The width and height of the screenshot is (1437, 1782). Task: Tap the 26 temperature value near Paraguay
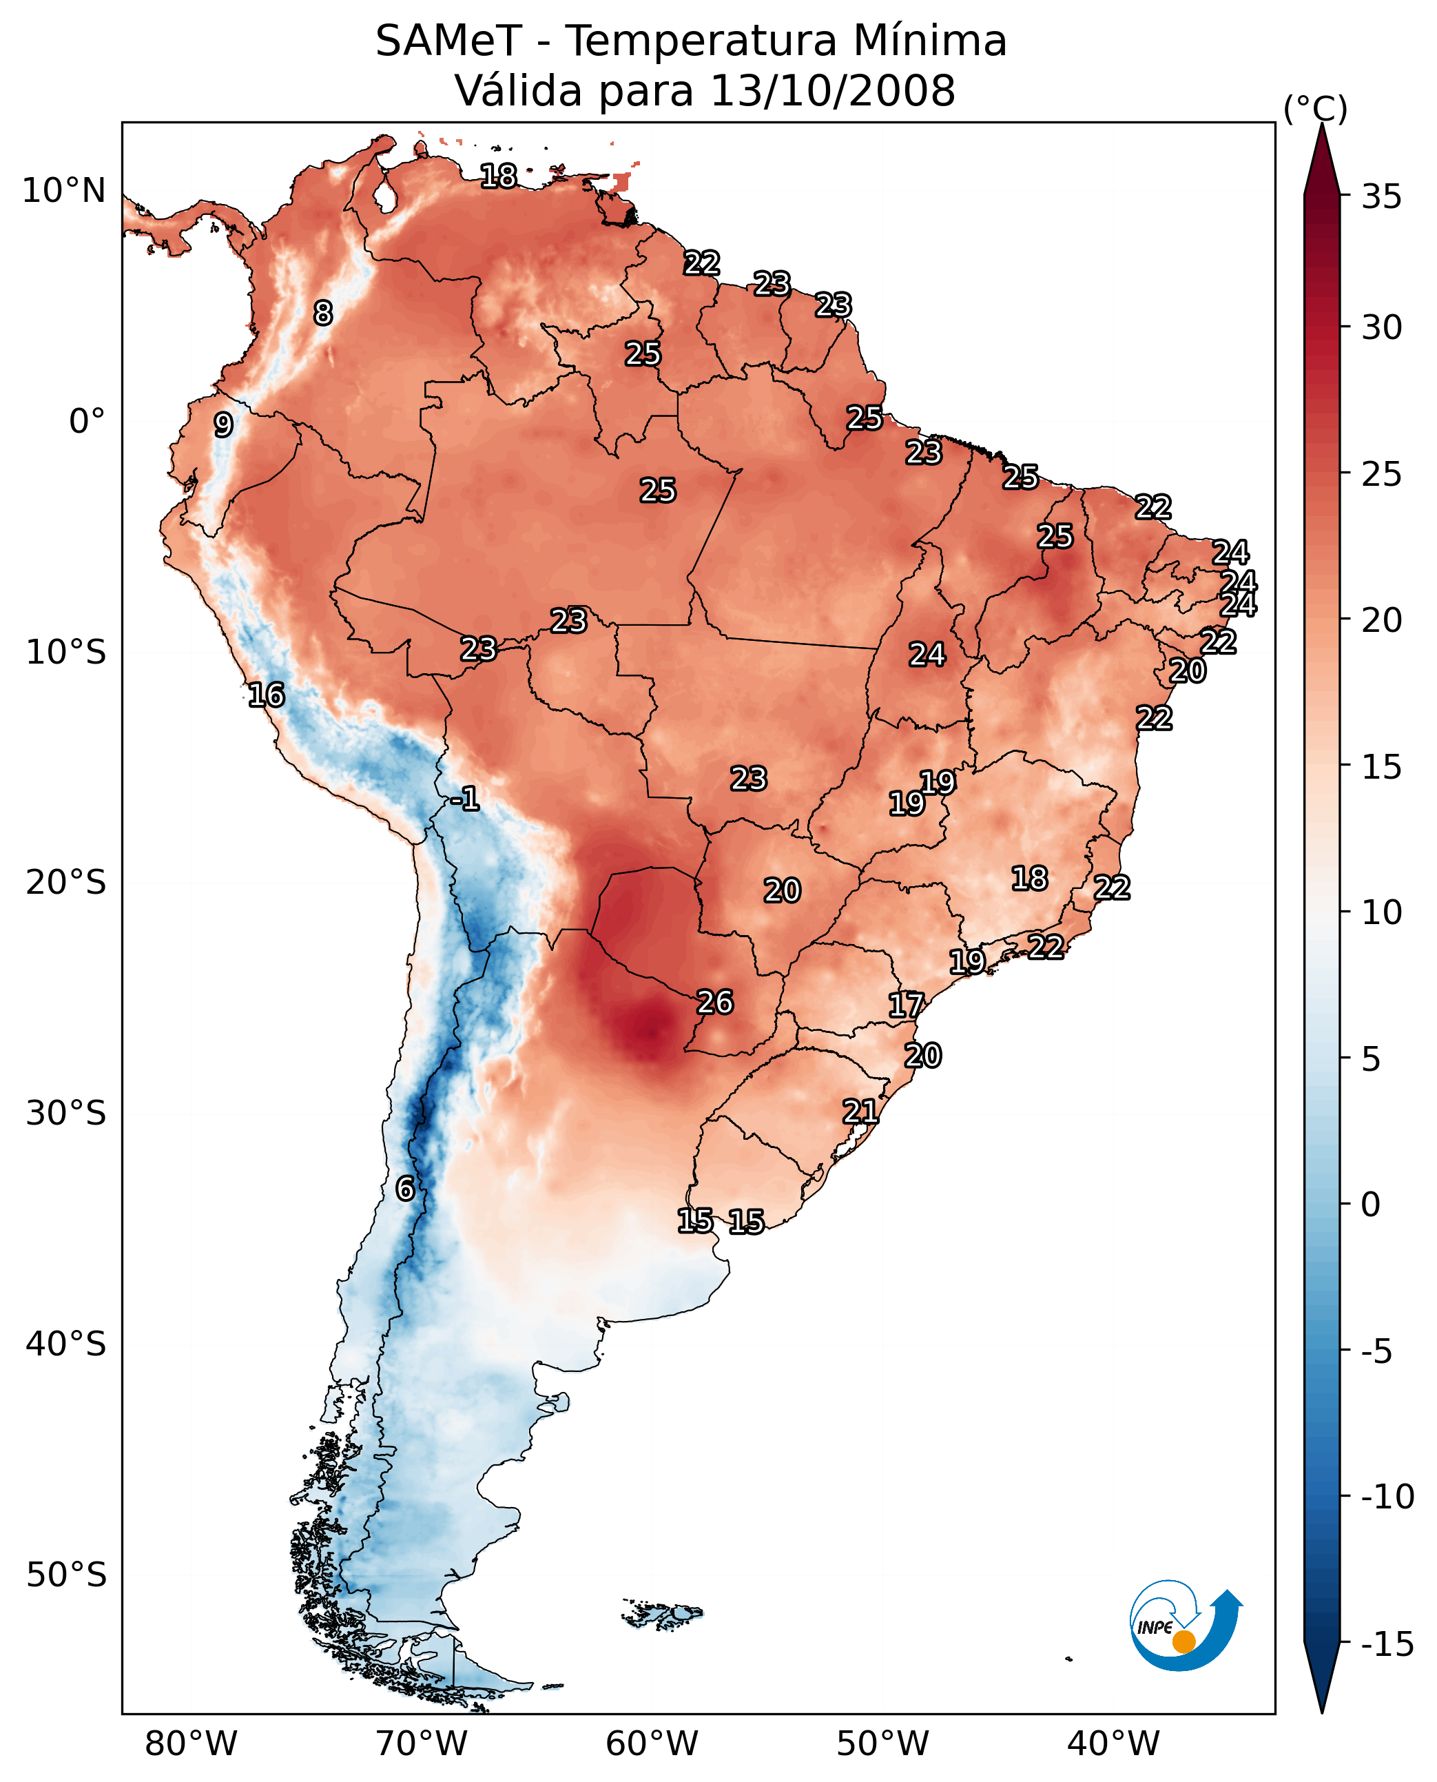714,1002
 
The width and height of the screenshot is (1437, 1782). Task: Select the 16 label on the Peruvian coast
266,695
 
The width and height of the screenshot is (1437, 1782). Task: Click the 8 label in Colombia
323,313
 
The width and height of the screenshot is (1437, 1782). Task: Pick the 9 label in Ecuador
223,424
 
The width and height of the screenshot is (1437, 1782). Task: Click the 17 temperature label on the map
906,1005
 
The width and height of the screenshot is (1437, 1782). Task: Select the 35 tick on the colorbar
1381,197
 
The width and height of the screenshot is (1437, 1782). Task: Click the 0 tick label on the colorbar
1371,1205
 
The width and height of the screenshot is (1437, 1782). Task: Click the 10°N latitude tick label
64,192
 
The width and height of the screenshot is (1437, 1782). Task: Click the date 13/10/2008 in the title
833,90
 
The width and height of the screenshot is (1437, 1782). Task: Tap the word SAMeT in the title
448,41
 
